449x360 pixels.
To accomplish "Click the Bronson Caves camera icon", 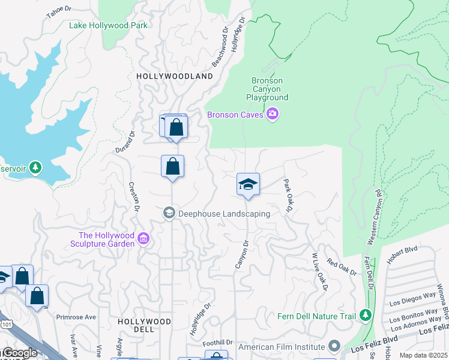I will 273,114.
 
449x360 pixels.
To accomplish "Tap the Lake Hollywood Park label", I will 108,25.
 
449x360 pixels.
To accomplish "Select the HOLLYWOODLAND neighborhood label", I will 175,76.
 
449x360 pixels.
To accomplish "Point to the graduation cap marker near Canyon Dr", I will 248,185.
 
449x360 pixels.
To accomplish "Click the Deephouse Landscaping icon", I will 169,213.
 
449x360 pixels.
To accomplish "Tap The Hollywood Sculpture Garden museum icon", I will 143,239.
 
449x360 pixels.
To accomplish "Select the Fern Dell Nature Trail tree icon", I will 365,316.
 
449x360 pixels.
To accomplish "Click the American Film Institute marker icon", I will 334,347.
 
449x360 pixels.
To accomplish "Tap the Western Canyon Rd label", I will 373,217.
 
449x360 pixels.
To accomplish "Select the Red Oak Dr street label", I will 341,266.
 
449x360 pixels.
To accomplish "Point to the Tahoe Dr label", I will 58,13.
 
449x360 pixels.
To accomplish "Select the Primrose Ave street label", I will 76,317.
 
